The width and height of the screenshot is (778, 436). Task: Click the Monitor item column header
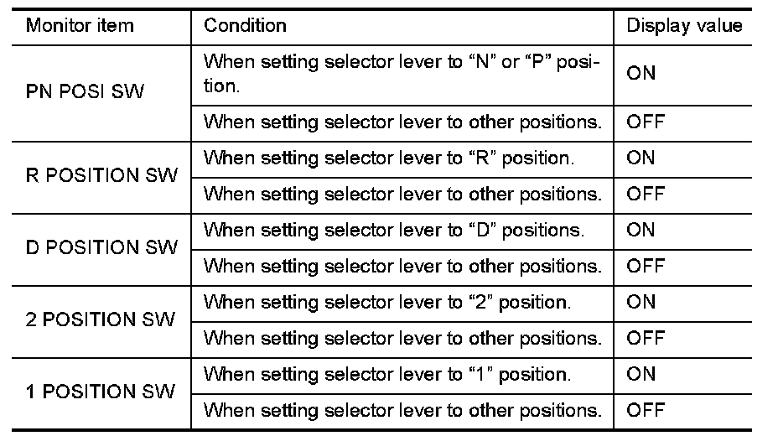pyautogui.click(x=80, y=25)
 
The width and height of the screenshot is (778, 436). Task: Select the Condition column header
pyautogui.click(x=245, y=25)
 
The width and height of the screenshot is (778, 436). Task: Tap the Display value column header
pyautogui.click(x=684, y=25)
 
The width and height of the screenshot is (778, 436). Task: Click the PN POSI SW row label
pyautogui.click(x=85, y=91)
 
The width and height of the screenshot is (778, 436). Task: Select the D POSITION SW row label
pyautogui.click(x=103, y=248)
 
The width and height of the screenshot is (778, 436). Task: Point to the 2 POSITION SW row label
pyautogui.click(x=101, y=320)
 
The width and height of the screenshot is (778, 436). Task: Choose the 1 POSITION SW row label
pyautogui.click(x=101, y=392)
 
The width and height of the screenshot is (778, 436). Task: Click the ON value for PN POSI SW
pyautogui.click(x=641, y=73)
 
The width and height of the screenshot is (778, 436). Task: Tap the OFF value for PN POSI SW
pyautogui.click(x=646, y=122)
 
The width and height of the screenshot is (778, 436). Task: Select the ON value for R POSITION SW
pyautogui.click(x=641, y=158)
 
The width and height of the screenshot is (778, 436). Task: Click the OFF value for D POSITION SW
pyautogui.click(x=646, y=267)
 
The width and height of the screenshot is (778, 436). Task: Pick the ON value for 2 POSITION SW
pyautogui.click(x=641, y=302)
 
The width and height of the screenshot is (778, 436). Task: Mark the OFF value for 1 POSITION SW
pyautogui.click(x=646, y=411)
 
